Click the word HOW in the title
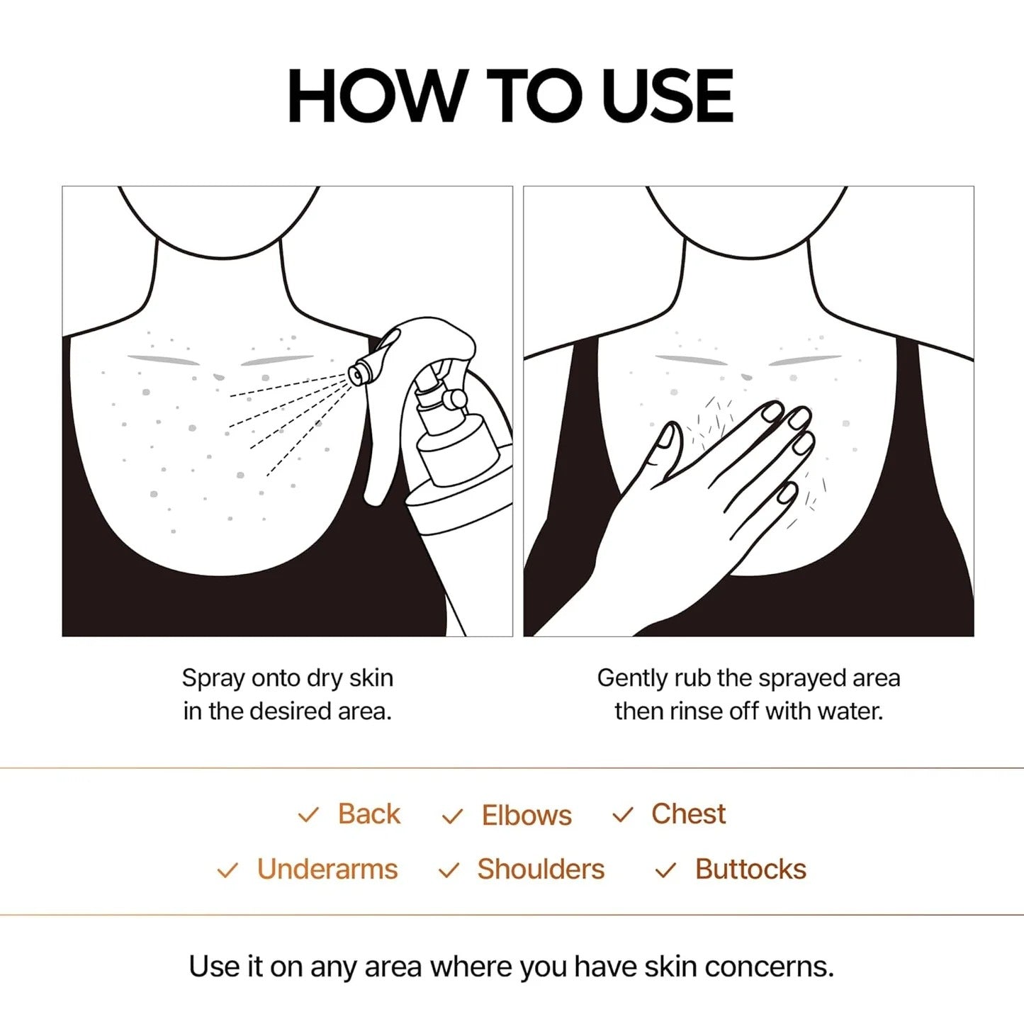click(x=376, y=96)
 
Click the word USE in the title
click(x=666, y=96)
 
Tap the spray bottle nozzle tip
click(x=356, y=373)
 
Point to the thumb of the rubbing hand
click(x=666, y=443)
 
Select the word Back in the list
click(x=368, y=814)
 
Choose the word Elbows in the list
click(x=527, y=816)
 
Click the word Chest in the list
click(x=688, y=814)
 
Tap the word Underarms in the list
click(x=327, y=870)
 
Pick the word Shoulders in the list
click(x=541, y=870)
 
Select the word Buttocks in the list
click(x=750, y=870)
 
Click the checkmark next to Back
click(x=308, y=816)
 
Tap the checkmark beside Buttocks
click(x=665, y=871)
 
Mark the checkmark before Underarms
click(x=227, y=871)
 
